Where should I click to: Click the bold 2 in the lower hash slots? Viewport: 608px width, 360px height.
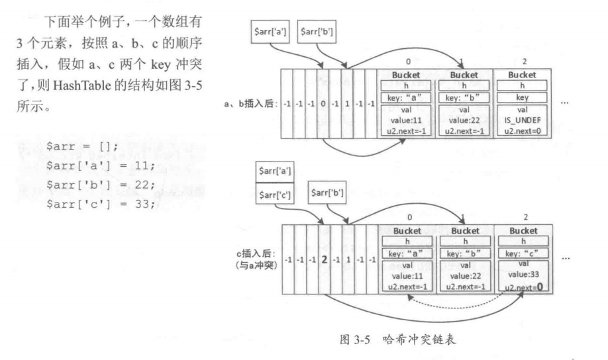click(x=325, y=259)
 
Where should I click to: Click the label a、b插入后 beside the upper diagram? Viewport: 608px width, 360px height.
click(x=251, y=104)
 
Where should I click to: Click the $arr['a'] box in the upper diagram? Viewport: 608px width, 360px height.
click(x=270, y=30)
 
